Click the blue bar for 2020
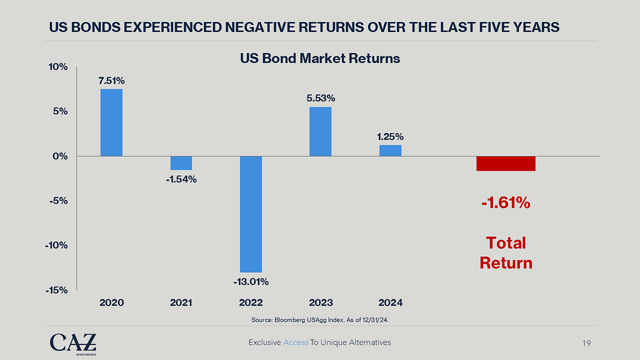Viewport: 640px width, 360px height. [111, 122]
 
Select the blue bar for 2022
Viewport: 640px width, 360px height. [250, 214]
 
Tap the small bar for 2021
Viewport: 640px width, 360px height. [181, 162]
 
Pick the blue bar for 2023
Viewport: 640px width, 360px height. [320, 131]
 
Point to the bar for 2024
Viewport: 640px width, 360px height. [390, 150]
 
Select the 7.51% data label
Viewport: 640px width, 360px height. [111, 81]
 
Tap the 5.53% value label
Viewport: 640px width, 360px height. [320, 98]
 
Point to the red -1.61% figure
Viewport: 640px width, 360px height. [506, 203]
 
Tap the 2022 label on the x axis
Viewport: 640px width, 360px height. [251, 302]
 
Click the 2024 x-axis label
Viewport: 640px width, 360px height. [390, 302]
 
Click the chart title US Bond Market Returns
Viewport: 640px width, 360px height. [320, 59]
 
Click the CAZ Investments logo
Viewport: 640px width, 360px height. [73, 343]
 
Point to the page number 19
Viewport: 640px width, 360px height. [586, 343]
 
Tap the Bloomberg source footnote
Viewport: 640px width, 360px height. [319, 319]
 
